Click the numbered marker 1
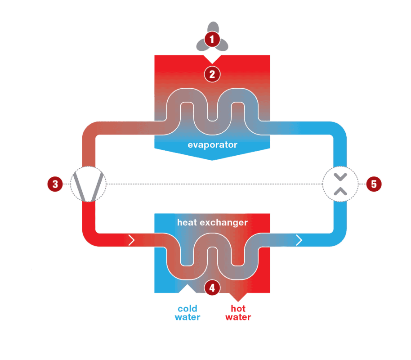point(212,39)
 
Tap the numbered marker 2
point(212,73)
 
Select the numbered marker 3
point(55,184)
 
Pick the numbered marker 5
point(374,184)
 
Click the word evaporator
point(212,145)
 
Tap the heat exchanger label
point(212,222)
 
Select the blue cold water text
point(188,313)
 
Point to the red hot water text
point(238,313)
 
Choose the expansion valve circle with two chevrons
point(340,184)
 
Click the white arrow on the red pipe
point(131,240)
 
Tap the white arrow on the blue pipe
point(299,240)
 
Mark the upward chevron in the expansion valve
point(340,191)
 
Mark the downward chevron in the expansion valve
point(340,176)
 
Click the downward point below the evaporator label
point(212,157)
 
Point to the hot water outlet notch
point(238,297)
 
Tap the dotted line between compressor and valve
point(214,184)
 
